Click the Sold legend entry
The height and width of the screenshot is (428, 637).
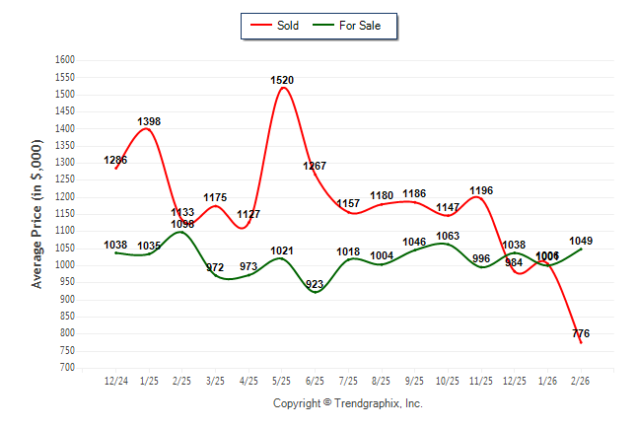(x=277, y=26)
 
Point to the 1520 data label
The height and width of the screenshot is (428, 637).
(x=282, y=80)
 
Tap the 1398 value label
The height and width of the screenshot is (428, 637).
(x=149, y=122)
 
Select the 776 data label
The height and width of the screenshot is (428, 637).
(x=581, y=334)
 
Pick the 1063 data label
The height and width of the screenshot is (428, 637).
(x=448, y=237)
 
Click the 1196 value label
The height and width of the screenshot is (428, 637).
(x=481, y=191)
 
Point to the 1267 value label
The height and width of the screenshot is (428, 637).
(x=316, y=166)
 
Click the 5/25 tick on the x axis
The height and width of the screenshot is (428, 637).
(x=282, y=379)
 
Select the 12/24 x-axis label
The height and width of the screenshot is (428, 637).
(x=115, y=379)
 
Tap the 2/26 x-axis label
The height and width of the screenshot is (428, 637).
(x=581, y=379)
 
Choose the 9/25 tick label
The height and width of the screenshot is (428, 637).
(x=415, y=379)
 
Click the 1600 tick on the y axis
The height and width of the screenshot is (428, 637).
(x=65, y=60)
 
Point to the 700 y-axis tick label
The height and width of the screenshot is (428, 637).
(x=68, y=368)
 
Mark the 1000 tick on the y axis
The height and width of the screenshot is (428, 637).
(x=65, y=265)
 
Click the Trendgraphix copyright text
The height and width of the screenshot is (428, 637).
(x=347, y=403)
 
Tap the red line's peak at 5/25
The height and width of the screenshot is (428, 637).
(x=283, y=88)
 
